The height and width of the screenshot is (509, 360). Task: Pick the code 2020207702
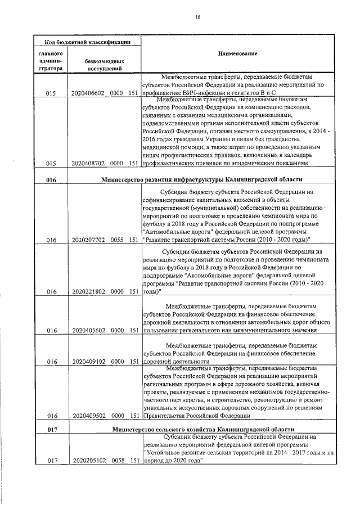[88, 240]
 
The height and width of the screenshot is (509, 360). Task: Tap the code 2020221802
[88, 291]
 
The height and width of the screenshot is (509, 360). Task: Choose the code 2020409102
[88, 361]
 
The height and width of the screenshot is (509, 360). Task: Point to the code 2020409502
[88, 416]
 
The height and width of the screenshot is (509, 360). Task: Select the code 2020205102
[88, 460]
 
